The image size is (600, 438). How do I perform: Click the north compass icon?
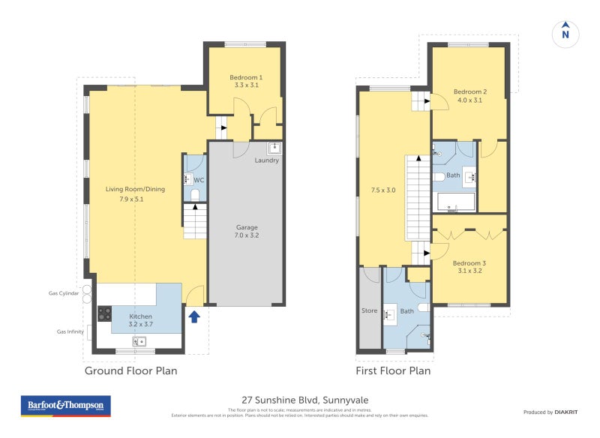(x=565, y=33)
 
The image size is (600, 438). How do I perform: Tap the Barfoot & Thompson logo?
(x=65, y=406)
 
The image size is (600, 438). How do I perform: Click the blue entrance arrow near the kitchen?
(x=193, y=316)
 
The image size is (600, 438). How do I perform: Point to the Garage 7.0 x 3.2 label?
(x=247, y=231)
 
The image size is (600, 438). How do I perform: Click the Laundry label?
(x=266, y=160)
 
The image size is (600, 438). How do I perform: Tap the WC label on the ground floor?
(x=199, y=180)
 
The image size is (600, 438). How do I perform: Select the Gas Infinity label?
(x=71, y=331)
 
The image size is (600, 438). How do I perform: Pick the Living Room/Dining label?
(x=135, y=193)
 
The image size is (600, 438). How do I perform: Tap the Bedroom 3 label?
(x=469, y=267)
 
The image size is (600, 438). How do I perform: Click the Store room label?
(x=370, y=310)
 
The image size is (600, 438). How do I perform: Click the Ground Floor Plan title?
(x=130, y=370)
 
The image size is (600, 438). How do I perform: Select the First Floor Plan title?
(x=393, y=370)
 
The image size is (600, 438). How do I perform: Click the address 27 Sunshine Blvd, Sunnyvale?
(x=304, y=400)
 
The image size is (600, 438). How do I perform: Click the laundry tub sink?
(x=274, y=148)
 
